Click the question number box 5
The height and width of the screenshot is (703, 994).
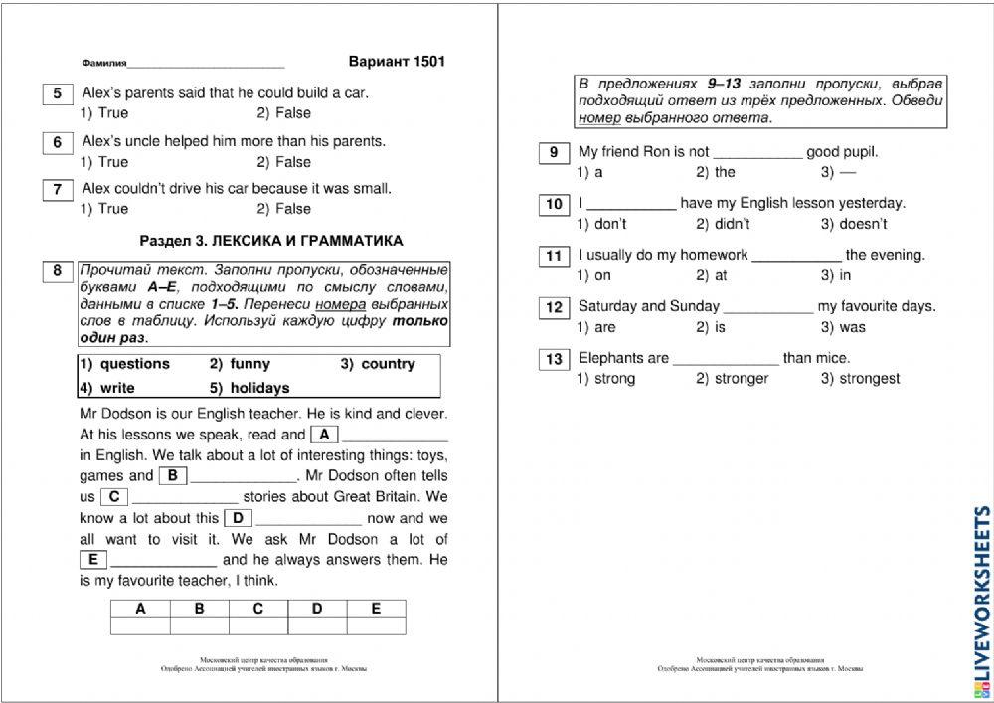(57, 94)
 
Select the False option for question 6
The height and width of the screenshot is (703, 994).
(283, 162)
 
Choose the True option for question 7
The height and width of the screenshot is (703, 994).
(104, 209)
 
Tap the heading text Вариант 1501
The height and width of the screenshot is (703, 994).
(397, 61)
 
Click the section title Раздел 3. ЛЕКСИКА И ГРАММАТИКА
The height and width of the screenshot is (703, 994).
(271, 241)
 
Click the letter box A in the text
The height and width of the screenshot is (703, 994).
(324, 434)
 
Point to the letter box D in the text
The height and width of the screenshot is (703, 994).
(239, 517)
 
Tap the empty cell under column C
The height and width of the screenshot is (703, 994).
(257, 625)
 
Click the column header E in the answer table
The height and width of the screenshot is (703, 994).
(375, 609)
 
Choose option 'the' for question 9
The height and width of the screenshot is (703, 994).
(716, 172)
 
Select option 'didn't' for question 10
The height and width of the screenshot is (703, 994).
(723, 224)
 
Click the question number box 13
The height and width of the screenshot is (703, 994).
(554, 359)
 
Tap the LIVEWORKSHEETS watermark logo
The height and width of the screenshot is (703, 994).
(978, 597)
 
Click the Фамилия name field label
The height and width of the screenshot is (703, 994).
(103, 63)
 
